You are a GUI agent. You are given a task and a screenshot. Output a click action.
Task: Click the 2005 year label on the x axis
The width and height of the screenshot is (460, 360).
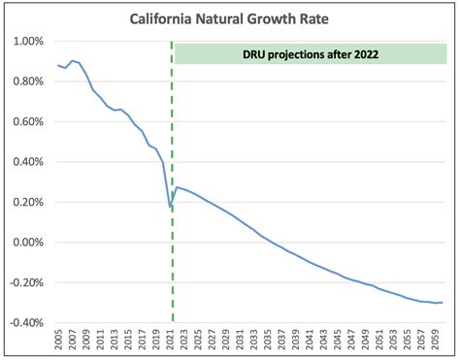(58, 342)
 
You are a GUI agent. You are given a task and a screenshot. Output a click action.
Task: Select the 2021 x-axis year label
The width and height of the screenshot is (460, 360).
(168, 342)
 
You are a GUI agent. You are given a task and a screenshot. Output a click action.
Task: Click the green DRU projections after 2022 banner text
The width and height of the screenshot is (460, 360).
(311, 53)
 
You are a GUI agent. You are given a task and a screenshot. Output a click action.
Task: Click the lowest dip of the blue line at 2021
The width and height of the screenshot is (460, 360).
(169, 207)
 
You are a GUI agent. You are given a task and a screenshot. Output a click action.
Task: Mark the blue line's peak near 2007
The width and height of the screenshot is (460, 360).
(72, 60)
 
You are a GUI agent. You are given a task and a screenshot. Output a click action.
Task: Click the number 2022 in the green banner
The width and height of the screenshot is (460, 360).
(370, 53)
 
